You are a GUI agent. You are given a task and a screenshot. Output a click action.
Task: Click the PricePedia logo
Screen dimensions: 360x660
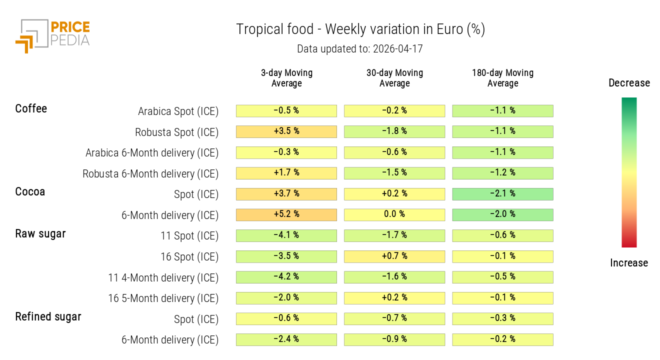[52, 35]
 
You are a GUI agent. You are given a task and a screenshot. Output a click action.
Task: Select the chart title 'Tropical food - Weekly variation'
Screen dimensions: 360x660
[360, 29]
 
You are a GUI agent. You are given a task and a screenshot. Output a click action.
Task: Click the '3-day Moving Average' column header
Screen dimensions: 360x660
[286, 78]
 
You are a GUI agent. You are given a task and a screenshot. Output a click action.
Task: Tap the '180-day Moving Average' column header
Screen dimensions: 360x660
[502, 78]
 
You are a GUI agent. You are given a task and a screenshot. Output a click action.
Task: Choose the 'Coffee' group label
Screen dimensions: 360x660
[31, 108]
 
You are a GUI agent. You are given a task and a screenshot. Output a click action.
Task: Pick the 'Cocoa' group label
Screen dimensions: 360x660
[30, 191]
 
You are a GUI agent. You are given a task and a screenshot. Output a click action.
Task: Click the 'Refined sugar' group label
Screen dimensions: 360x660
[48, 316]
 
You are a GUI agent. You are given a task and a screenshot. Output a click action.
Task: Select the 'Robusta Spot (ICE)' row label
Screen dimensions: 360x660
[176, 132]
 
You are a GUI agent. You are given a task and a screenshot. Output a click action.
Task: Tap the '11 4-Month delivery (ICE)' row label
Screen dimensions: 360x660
[163, 277]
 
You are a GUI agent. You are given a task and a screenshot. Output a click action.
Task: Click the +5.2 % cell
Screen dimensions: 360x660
[286, 214]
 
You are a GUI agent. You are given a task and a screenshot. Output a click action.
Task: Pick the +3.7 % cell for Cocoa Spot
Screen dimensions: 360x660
[286, 193]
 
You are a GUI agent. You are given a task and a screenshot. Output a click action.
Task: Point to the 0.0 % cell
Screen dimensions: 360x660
[394, 214]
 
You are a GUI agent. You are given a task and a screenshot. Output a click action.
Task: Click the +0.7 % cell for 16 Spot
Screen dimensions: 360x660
[394, 256]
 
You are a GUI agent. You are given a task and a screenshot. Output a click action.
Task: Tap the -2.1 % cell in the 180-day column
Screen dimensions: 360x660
[502, 193]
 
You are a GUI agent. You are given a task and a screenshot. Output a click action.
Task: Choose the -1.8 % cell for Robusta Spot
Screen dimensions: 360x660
[394, 131]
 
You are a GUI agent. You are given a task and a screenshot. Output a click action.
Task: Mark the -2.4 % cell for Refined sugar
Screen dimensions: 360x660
[286, 339]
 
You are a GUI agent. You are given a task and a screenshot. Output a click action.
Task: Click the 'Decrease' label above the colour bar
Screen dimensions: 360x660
[629, 83]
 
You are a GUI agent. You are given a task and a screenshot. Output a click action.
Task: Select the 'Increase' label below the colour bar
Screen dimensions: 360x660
[629, 263]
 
